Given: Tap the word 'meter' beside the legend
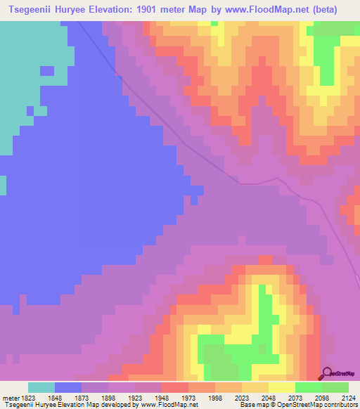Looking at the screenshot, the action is pyautogui.click(x=10, y=396).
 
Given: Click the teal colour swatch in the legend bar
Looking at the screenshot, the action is pyautogui.click(x=41, y=387).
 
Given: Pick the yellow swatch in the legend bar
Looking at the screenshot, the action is pyautogui.click(x=281, y=387).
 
